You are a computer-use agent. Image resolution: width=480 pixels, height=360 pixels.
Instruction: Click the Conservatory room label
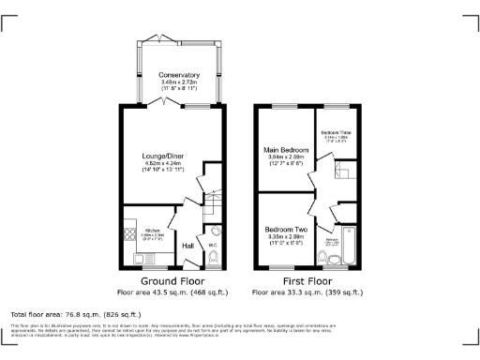(x=179, y=75)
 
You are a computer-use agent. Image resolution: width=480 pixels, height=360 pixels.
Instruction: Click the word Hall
(x=187, y=246)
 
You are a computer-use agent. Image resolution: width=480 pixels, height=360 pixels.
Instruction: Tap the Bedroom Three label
(x=335, y=134)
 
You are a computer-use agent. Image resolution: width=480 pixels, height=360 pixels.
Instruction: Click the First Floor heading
(x=307, y=280)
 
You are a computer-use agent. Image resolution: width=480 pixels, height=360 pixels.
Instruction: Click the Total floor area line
(x=75, y=314)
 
